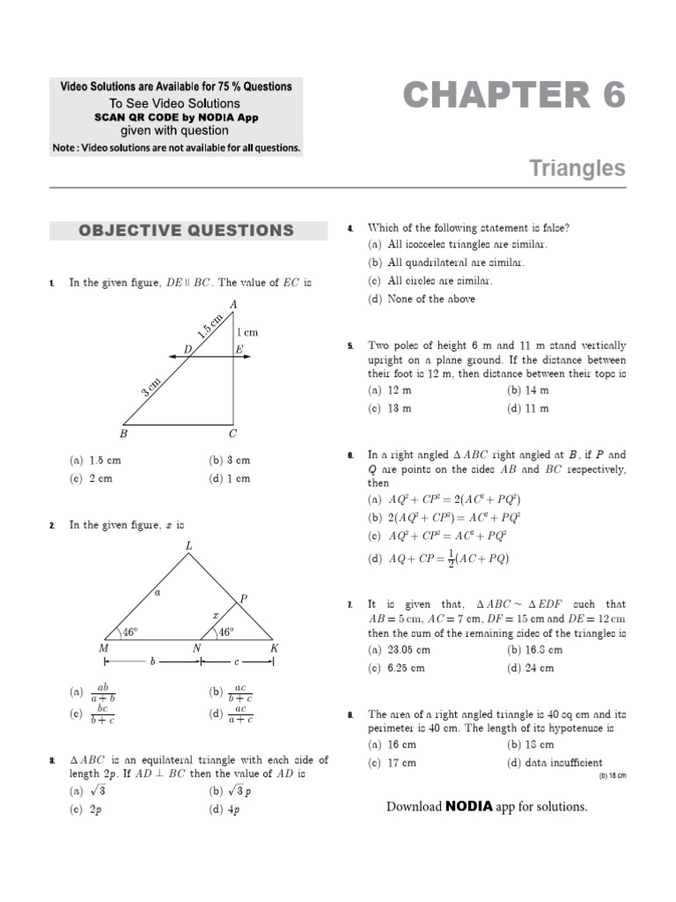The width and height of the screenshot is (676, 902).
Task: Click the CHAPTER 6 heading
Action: [x=514, y=95]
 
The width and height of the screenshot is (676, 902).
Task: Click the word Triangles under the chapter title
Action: [x=577, y=168]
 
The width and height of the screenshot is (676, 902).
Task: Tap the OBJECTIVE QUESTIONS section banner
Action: [x=186, y=231]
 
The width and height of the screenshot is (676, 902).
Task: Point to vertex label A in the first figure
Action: [x=233, y=305]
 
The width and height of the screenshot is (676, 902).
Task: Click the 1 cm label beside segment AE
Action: [x=246, y=332]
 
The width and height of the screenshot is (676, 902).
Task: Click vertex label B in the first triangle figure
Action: [x=123, y=433]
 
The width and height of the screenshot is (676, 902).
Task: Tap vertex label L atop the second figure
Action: [x=187, y=546]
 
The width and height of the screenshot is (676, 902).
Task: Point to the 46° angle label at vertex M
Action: [x=129, y=632]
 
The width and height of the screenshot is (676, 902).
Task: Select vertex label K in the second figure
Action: [x=274, y=648]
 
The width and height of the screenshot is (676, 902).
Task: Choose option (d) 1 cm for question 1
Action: [x=230, y=478]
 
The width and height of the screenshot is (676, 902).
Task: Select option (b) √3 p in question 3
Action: [x=230, y=791]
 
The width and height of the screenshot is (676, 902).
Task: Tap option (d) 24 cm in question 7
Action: [x=531, y=668]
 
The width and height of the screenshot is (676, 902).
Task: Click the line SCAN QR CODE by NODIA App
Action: [x=175, y=117]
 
